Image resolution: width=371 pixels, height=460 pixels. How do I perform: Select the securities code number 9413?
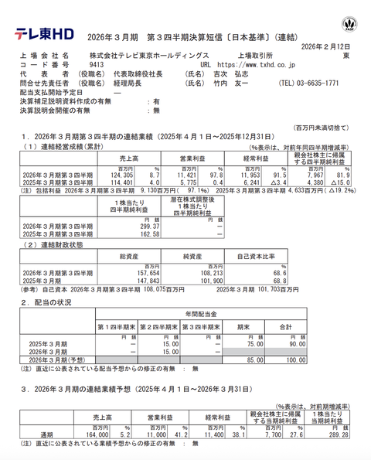[x=98, y=65]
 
